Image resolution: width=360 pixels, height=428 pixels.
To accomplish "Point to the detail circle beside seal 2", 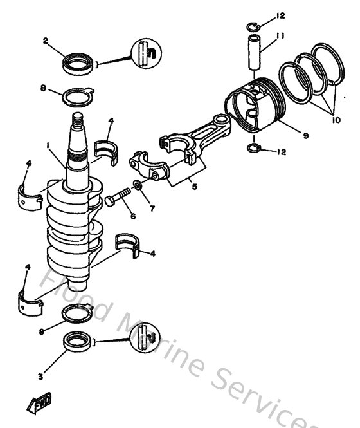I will (x=145, y=53).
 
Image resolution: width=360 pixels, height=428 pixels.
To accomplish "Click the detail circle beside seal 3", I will (x=145, y=337).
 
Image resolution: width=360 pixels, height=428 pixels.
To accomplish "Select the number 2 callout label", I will (x=46, y=41).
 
